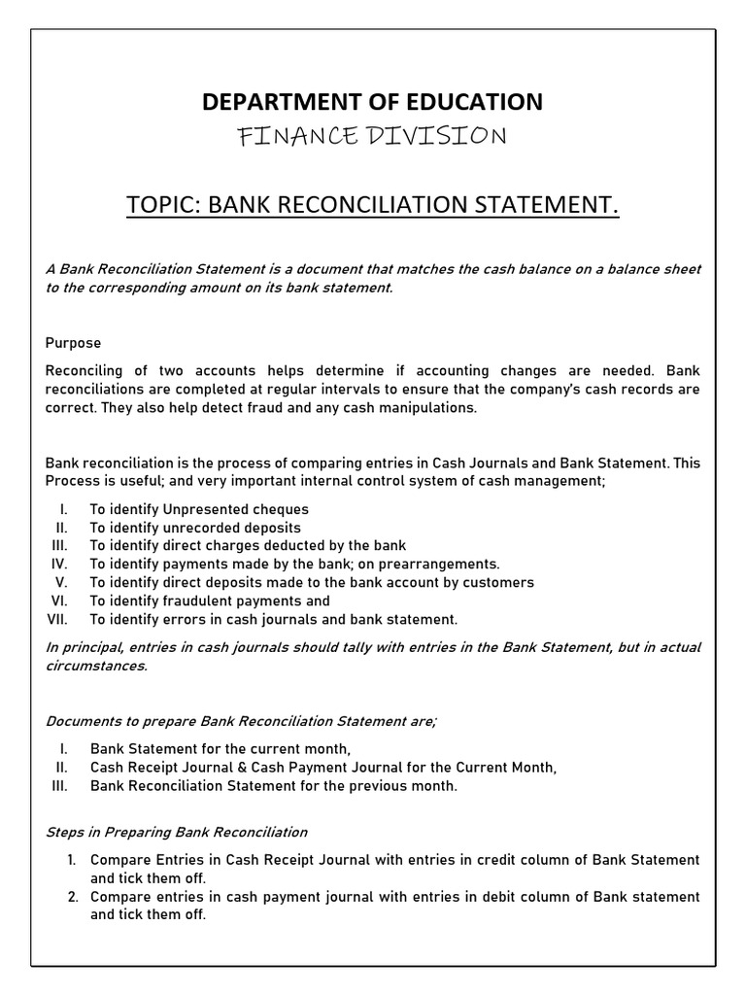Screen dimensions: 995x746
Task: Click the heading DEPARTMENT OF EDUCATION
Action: (372, 101)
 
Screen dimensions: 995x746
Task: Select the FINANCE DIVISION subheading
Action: (372, 136)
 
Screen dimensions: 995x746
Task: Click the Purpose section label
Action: (73, 343)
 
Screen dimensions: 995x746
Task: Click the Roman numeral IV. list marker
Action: (58, 564)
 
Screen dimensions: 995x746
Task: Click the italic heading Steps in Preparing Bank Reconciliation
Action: (177, 832)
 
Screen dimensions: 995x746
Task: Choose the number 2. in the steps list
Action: (73, 897)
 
